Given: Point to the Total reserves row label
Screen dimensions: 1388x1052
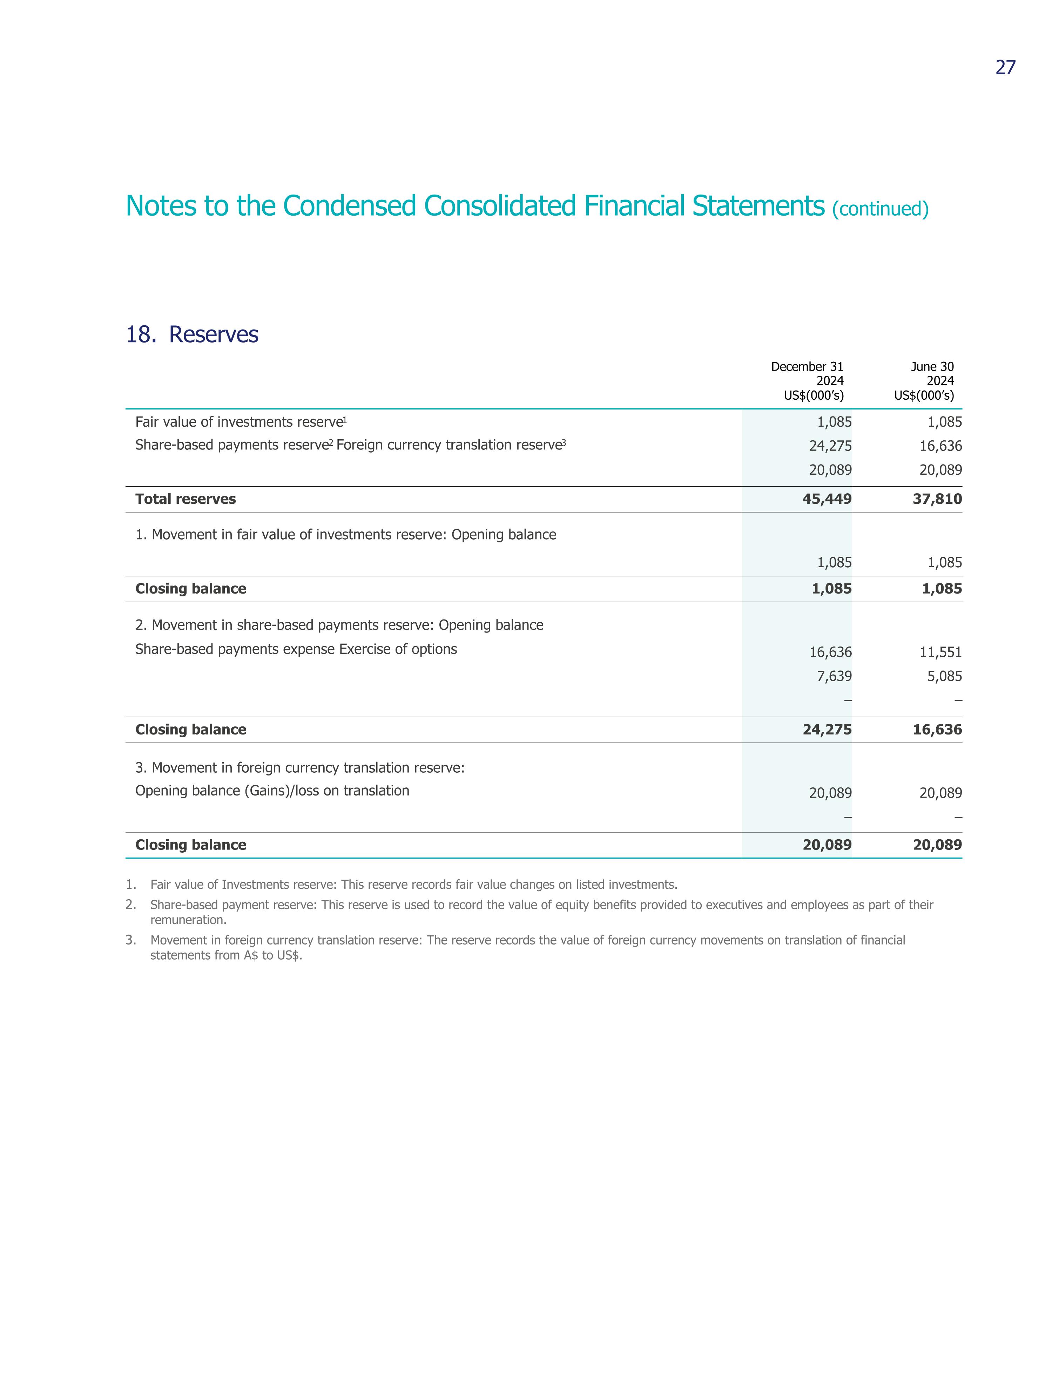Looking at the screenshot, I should click(186, 499).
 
